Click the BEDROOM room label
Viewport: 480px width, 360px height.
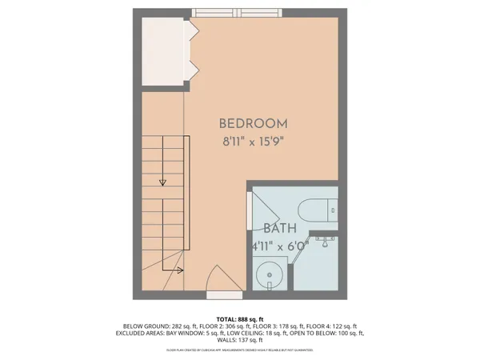tap(253, 124)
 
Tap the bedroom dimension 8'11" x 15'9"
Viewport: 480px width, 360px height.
tap(253, 144)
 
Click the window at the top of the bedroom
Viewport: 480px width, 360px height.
tap(237, 12)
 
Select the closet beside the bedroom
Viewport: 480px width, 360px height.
tap(164, 50)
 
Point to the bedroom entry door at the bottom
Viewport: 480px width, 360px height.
tap(217, 282)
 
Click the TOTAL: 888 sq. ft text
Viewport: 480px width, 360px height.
tap(240, 318)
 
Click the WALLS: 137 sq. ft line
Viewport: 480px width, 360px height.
tap(240, 340)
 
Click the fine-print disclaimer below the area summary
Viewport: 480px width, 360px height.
tap(240, 350)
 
